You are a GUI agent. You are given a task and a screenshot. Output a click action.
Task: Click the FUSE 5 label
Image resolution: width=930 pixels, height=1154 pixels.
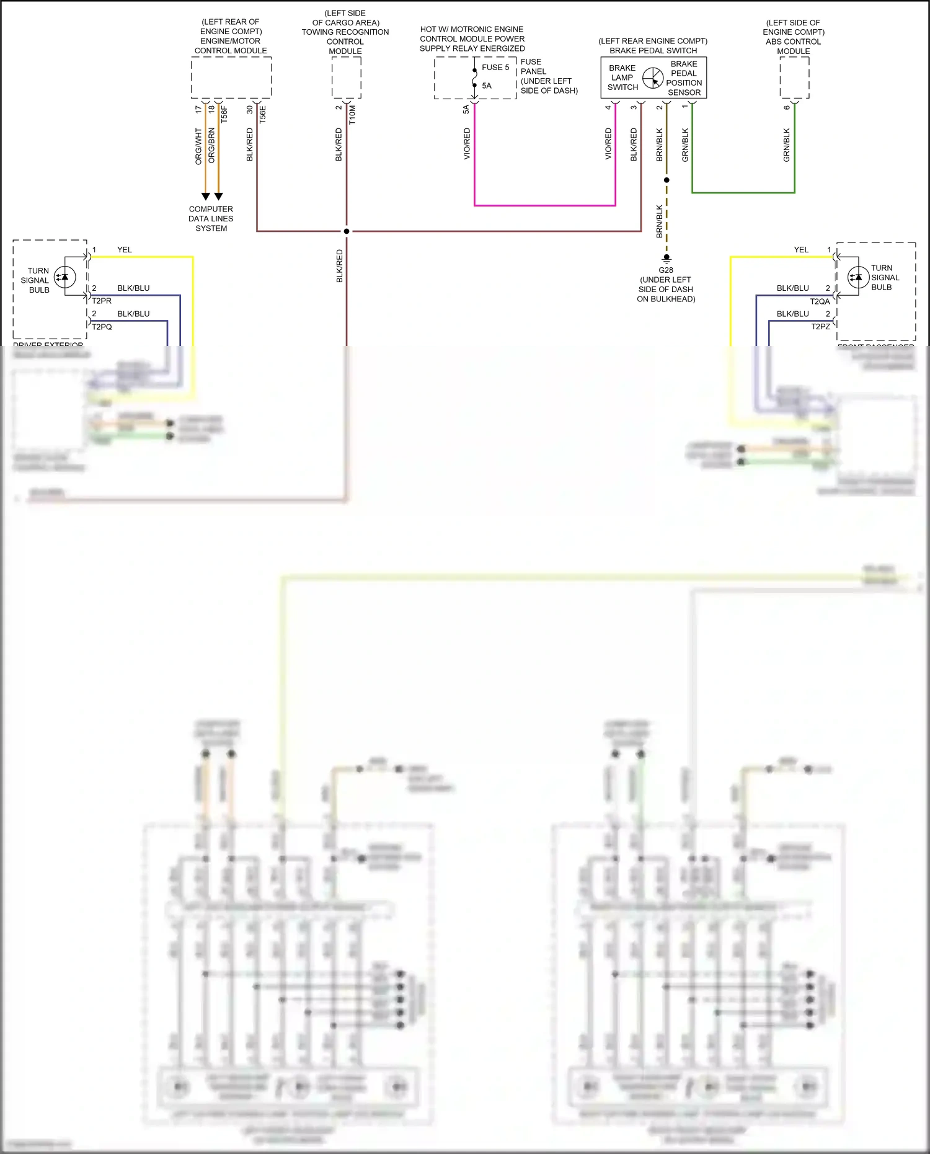pos(495,68)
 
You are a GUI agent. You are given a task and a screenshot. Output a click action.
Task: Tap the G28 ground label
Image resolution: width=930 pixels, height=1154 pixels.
pos(666,270)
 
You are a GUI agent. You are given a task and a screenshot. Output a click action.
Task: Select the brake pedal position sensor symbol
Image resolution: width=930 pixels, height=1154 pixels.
pos(653,78)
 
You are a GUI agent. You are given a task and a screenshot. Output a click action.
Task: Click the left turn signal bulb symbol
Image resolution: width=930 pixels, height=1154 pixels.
pos(65,277)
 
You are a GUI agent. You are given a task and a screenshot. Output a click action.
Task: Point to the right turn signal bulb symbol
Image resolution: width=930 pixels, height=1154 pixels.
pos(858,277)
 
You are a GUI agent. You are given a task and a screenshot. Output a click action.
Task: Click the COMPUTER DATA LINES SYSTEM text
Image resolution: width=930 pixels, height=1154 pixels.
pos(211,219)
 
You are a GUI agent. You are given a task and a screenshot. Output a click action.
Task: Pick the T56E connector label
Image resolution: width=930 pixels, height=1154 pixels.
pos(263,114)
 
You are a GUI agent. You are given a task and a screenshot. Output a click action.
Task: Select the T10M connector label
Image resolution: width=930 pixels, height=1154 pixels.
pos(352,114)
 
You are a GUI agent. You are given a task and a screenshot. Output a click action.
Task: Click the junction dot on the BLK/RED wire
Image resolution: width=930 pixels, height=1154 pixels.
pos(347,231)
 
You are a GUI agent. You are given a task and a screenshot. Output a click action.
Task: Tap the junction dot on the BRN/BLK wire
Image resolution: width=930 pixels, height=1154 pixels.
pos(666,180)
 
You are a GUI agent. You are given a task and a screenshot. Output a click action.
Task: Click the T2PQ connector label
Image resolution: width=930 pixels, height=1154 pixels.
pos(102,327)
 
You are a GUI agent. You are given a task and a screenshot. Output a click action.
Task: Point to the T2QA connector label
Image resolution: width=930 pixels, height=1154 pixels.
pos(820,301)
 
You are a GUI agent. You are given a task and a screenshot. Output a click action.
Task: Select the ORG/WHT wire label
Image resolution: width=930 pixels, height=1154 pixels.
pos(198,146)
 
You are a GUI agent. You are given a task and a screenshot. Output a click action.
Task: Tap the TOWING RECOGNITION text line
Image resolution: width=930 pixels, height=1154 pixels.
pos(345,32)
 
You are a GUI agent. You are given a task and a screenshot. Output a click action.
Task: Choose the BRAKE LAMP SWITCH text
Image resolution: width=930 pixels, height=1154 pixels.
pos(622,78)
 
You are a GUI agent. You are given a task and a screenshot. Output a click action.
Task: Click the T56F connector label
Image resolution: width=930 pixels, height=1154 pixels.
pos(224,114)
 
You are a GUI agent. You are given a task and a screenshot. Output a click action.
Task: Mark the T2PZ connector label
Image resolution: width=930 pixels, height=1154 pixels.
pos(820,327)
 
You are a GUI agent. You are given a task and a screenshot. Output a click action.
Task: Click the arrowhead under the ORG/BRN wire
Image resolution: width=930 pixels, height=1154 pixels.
pos(218,197)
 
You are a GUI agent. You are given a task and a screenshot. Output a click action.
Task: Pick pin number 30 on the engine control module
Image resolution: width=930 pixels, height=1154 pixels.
pos(250,109)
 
